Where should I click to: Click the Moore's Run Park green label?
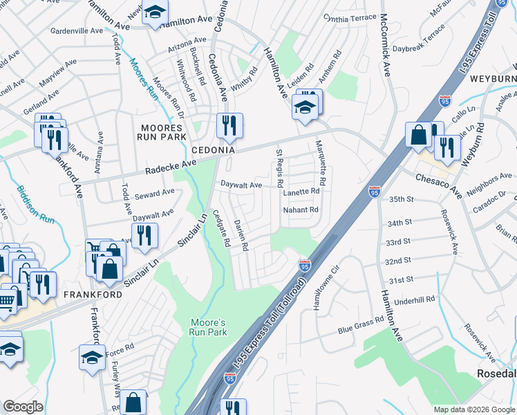pos(208,327)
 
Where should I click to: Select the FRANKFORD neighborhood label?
pos(93,294)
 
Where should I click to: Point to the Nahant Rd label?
pos(301,210)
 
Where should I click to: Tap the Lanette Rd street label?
pos(301,192)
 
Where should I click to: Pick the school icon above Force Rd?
pos(93,357)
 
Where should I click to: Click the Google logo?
pos(23,407)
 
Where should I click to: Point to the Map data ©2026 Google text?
pos(474,409)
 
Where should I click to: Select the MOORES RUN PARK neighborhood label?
pos(162,132)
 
